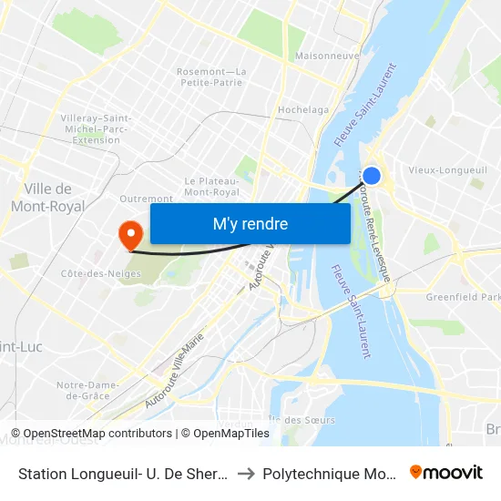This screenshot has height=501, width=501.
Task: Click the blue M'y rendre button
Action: point(250,223)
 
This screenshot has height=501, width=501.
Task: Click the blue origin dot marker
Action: point(372,176)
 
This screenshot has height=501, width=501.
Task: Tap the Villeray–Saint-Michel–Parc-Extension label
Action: point(96,129)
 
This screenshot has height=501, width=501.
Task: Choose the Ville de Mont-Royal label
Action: point(47,198)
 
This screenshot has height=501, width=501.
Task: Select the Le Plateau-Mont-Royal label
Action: point(211,187)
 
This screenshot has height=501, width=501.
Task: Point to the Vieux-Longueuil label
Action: point(447,170)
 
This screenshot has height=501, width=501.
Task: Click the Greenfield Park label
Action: point(464,297)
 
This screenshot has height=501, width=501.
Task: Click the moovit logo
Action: point(446,472)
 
